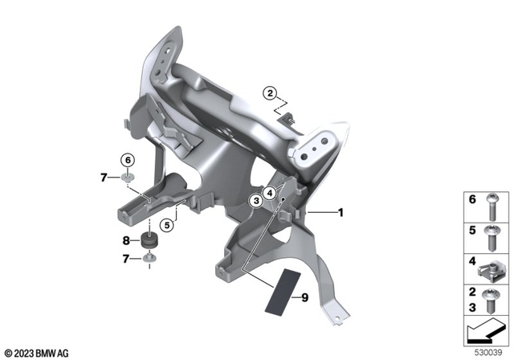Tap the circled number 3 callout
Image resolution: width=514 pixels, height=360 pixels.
point(254,200)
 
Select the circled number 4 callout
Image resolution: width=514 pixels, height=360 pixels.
point(270,193)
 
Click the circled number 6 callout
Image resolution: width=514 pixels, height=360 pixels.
point(128,159)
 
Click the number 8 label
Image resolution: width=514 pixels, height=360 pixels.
point(126,240)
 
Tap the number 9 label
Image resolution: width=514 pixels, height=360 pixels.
point(304,298)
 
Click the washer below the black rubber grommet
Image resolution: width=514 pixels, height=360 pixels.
point(149,260)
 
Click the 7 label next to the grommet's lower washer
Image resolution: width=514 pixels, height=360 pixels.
point(126,260)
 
